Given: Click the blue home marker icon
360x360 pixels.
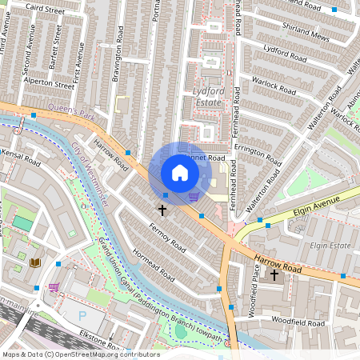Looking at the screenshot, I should point(180,172).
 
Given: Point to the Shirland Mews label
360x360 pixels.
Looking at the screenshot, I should point(306,31).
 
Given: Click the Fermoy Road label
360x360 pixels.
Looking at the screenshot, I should point(166,238).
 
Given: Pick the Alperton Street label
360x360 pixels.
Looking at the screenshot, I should point(48,82).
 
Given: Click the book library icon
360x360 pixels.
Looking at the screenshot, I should point(35,262).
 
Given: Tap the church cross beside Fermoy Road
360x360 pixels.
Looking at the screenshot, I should point(162,210).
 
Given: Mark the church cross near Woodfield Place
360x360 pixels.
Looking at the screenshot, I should point(274,275).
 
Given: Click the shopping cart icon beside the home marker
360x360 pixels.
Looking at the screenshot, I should point(194,196).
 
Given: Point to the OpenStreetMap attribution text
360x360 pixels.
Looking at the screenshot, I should point(80,354).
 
